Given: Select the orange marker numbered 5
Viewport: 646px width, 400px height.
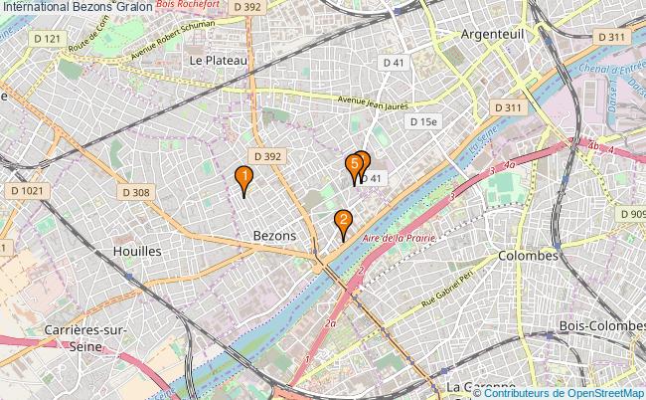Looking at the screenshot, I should coord(354,165).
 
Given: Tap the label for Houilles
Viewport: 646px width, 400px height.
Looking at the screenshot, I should coord(137,252).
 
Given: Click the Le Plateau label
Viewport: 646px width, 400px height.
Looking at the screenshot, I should coord(218,60).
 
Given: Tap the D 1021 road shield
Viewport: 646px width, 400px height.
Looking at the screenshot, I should coord(28,190).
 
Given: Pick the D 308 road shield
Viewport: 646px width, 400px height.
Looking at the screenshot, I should coord(136,192).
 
